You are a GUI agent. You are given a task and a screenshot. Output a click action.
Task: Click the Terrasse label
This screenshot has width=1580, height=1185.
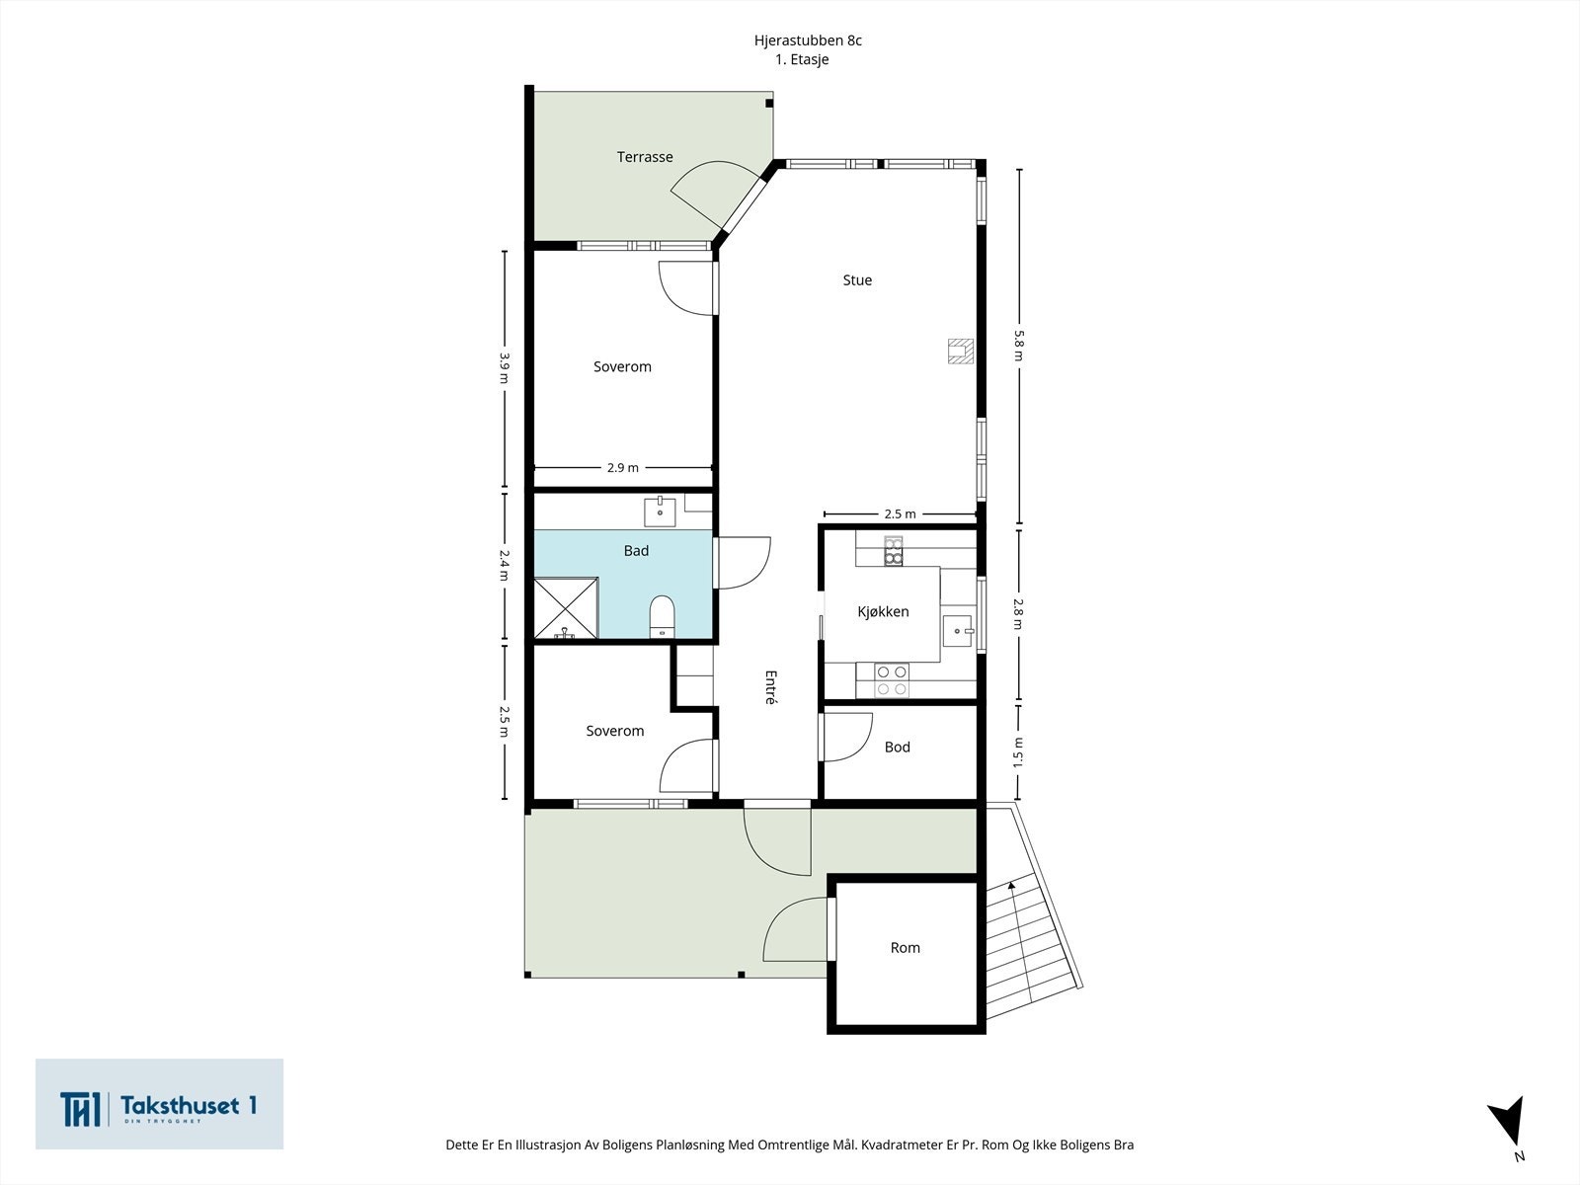(x=644, y=157)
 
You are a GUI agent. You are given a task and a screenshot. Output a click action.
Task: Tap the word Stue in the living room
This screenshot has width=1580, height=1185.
(x=857, y=279)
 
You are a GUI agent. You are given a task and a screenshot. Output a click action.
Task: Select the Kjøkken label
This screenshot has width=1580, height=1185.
(x=883, y=611)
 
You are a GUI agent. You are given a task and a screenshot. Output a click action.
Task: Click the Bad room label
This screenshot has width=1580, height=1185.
(x=636, y=550)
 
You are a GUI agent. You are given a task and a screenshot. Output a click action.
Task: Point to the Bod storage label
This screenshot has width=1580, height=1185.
(x=898, y=747)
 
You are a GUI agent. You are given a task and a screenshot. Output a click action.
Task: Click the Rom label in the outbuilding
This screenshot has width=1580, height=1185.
(x=905, y=948)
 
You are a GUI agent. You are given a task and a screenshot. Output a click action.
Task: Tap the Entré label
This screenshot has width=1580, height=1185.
(x=770, y=687)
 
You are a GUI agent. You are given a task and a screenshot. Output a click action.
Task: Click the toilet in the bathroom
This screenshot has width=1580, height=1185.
(x=662, y=616)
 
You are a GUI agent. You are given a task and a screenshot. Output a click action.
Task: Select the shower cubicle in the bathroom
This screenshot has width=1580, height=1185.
(x=566, y=608)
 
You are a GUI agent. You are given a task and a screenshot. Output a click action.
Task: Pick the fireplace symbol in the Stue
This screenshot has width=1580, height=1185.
(x=960, y=352)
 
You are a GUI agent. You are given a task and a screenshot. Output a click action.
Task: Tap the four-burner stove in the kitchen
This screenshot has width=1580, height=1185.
(x=891, y=680)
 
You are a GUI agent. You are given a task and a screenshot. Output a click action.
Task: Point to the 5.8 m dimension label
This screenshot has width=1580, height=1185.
(x=1018, y=346)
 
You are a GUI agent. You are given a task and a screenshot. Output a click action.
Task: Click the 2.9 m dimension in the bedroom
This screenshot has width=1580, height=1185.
(x=623, y=468)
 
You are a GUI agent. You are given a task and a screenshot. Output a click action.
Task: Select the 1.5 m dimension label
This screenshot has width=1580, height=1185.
(x=1018, y=752)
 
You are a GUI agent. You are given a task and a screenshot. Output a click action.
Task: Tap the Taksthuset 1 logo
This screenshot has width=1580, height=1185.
(x=159, y=1103)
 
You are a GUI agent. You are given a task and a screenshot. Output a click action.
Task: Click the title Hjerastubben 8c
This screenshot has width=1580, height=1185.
(x=808, y=40)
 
